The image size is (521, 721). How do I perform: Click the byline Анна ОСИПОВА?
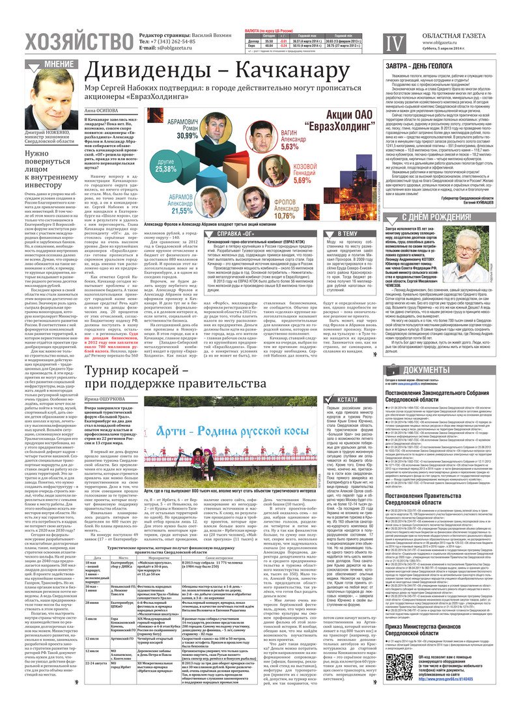(102, 111)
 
